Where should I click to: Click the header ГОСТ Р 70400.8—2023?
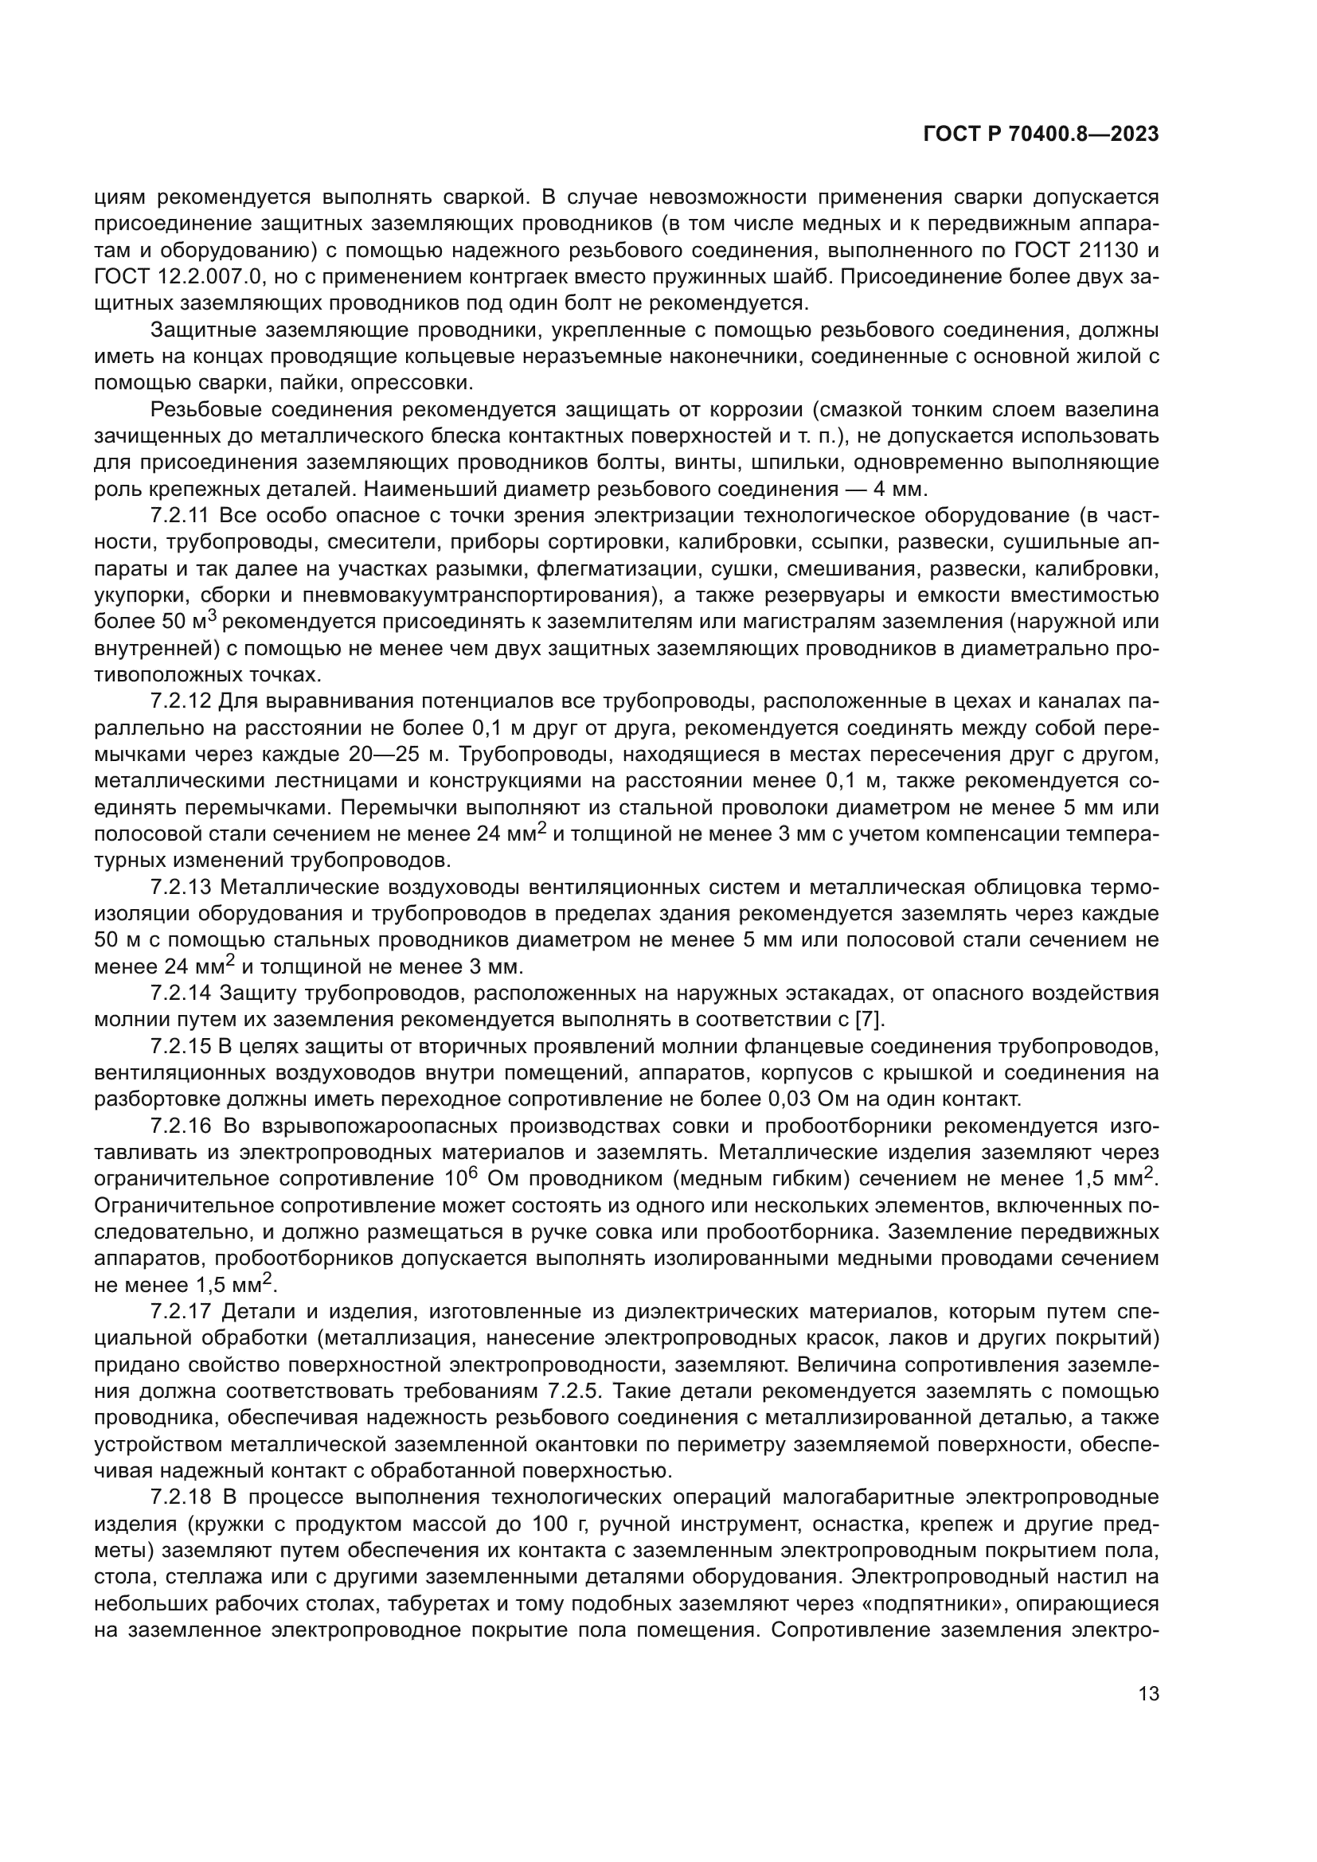(x=1041, y=135)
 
